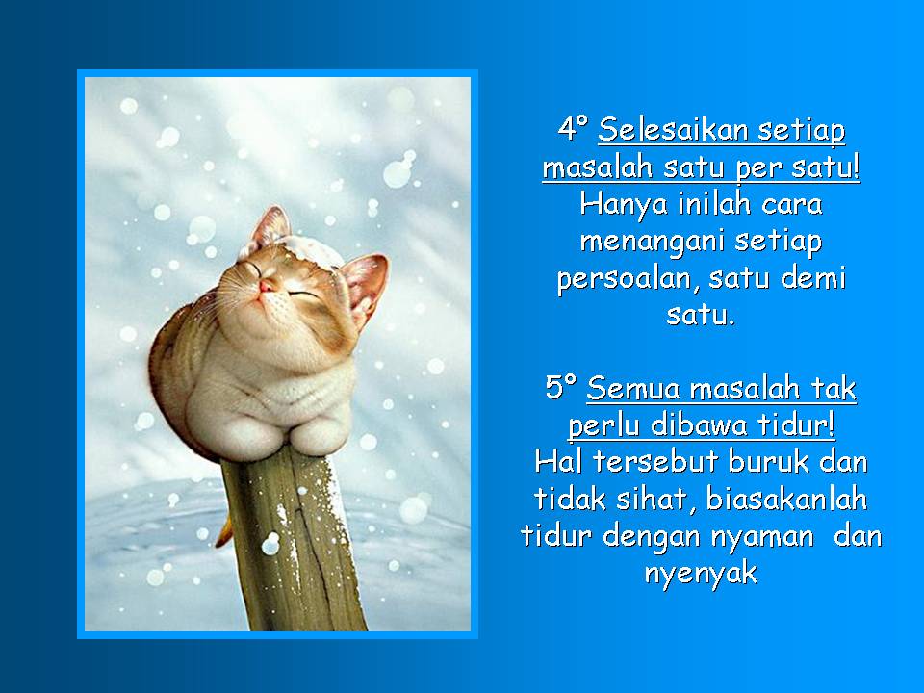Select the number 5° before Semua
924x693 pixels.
561,390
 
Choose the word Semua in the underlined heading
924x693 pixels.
630,390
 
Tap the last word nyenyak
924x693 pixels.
700,575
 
